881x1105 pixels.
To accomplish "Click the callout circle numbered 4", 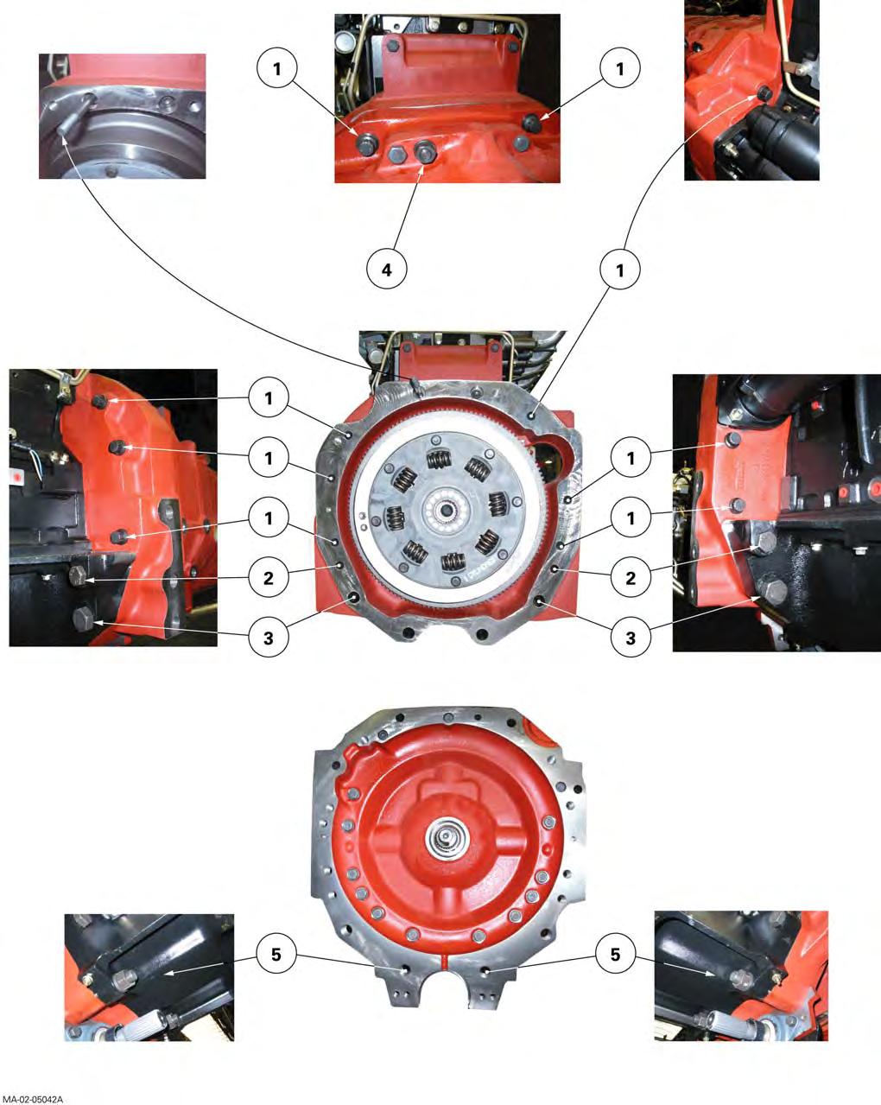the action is [387, 269].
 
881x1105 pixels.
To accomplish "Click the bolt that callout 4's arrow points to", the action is [425, 150].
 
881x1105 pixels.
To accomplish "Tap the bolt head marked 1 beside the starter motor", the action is [764, 93].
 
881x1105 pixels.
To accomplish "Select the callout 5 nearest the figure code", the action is [276, 954].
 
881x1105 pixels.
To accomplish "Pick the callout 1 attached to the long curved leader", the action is [620, 270].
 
